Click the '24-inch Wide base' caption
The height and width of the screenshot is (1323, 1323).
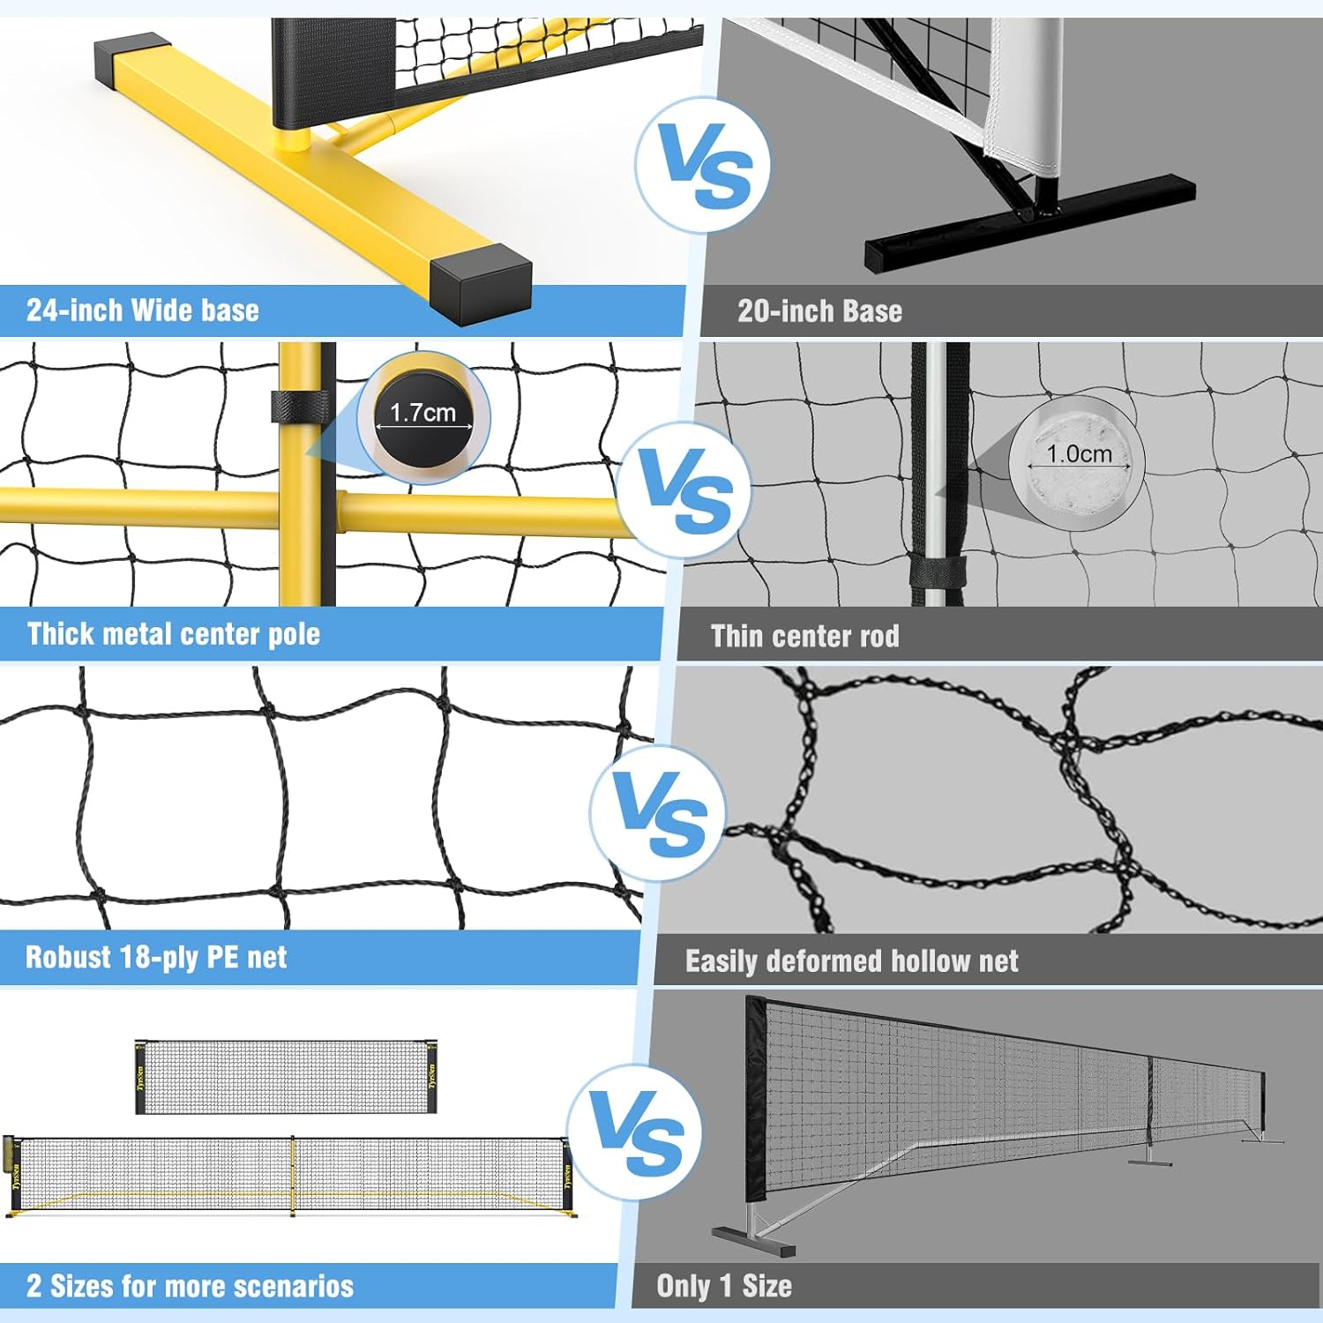143,310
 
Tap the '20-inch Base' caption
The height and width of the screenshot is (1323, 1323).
819,311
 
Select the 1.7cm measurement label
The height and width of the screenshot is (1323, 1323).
422,413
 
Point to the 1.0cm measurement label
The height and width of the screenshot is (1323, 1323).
1079,454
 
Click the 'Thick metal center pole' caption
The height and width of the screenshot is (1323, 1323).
174,634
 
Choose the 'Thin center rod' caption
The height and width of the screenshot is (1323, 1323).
804,637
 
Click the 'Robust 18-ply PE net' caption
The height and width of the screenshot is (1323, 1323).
156,958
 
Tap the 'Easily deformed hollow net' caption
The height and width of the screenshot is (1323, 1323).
851,961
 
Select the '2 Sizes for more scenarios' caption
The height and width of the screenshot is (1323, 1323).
190,1287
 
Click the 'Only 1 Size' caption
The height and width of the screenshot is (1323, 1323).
723,1287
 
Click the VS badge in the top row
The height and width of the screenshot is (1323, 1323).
703,165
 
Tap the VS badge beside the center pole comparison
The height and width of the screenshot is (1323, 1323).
684,490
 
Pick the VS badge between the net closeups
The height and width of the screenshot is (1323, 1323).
658,813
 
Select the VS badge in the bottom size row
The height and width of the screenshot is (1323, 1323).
635,1132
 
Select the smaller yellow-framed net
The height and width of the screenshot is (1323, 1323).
286,1077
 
